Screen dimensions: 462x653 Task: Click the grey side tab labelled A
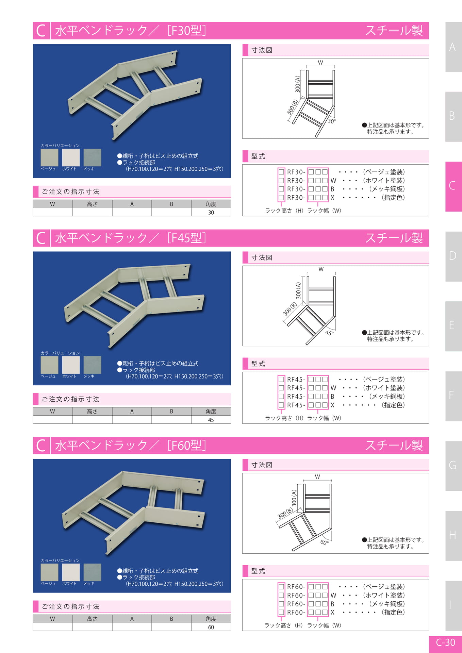(x=453, y=47)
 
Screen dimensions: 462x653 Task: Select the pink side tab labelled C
(x=453, y=186)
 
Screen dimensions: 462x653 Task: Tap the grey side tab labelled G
(x=453, y=466)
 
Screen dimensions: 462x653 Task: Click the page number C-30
(x=445, y=642)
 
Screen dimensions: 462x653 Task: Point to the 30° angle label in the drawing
(x=332, y=121)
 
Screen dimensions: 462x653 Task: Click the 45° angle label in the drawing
(x=329, y=333)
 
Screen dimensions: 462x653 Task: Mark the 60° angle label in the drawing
(x=324, y=542)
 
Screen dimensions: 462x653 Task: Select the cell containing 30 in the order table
(x=211, y=212)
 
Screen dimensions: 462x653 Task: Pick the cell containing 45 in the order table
(x=211, y=420)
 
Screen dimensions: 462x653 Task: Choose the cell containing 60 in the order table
(x=211, y=627)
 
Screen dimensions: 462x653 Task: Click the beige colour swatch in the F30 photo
(x=49, y=157)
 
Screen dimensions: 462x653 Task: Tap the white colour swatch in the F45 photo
(x=71, y=365)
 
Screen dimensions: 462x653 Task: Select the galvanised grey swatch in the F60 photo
(x=92, y=572)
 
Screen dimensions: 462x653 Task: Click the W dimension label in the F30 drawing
(x=320, y=63)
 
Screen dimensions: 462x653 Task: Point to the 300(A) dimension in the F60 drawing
(x=294, y=498)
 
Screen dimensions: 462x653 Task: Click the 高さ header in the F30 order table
(x=92, y=204)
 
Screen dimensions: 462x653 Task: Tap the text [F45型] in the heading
(x=186, y=238)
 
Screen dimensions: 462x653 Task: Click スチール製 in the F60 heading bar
(x=394, y=445)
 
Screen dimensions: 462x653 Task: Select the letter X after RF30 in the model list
(x=332, y=198)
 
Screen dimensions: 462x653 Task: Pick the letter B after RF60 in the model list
(x=332, y=604)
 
